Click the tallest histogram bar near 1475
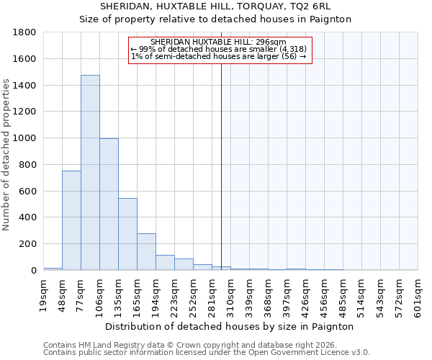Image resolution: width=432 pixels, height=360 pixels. click(x=90, y=173)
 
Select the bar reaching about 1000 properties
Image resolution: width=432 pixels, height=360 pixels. click(x=109, y=204)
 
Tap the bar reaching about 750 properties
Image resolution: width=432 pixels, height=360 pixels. click(x=71, y=220)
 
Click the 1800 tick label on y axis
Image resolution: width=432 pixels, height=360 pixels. click(x=25, y=32)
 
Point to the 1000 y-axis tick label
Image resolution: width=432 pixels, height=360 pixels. click(x=25, y=138)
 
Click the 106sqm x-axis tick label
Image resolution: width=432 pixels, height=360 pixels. click(x=100, y=294)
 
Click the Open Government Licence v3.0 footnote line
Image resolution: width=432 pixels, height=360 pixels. click(x=207, y=353)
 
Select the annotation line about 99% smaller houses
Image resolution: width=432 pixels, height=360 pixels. click(x=219, y=49)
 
